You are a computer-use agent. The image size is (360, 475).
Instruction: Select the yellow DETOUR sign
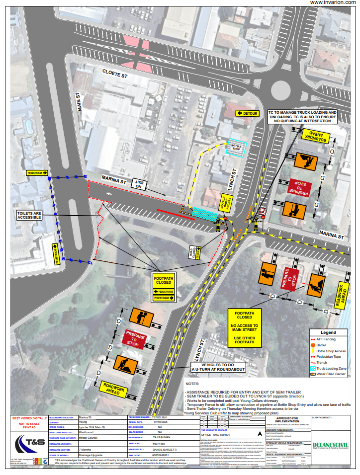click(248, 113)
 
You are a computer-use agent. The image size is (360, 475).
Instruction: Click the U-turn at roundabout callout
click(217, 368)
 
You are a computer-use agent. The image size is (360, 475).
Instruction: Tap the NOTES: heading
click(192, 384)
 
